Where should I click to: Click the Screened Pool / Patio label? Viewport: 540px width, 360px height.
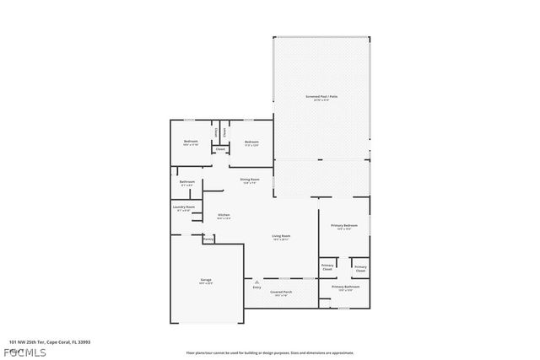[321, 97]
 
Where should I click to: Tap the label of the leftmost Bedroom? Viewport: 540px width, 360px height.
[191, 142]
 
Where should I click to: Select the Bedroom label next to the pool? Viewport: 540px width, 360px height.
[251, 142]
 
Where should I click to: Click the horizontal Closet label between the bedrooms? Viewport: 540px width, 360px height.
[220, 149]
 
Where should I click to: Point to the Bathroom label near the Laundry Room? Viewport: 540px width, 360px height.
[186, 182]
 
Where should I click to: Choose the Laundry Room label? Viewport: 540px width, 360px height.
[185, 207]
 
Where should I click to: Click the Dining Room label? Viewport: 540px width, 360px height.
[250, 180]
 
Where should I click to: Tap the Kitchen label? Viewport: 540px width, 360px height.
[224, 216]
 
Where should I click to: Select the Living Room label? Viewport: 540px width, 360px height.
[281, 236]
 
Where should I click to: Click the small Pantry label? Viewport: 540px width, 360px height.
[208, 239]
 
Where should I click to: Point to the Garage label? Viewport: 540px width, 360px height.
[206, 280]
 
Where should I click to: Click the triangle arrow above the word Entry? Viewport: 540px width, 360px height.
[256, 282]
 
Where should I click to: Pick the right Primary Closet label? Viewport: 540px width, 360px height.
[360, 268]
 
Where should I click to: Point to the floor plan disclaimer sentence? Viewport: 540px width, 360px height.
[270, 353]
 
